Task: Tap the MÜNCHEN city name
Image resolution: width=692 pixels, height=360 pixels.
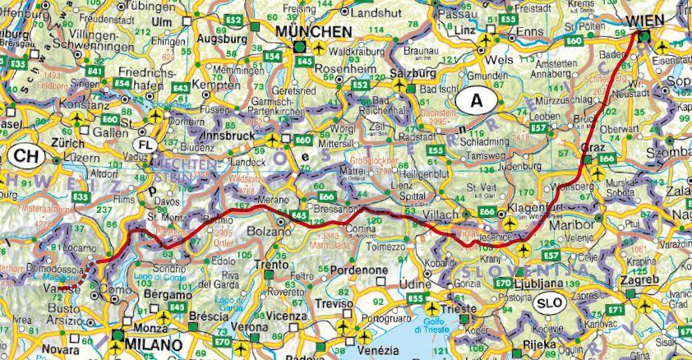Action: pyautogui.click(x=313, y=31)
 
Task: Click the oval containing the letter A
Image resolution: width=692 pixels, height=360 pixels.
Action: pyautogui.click(x=474, y=101)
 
